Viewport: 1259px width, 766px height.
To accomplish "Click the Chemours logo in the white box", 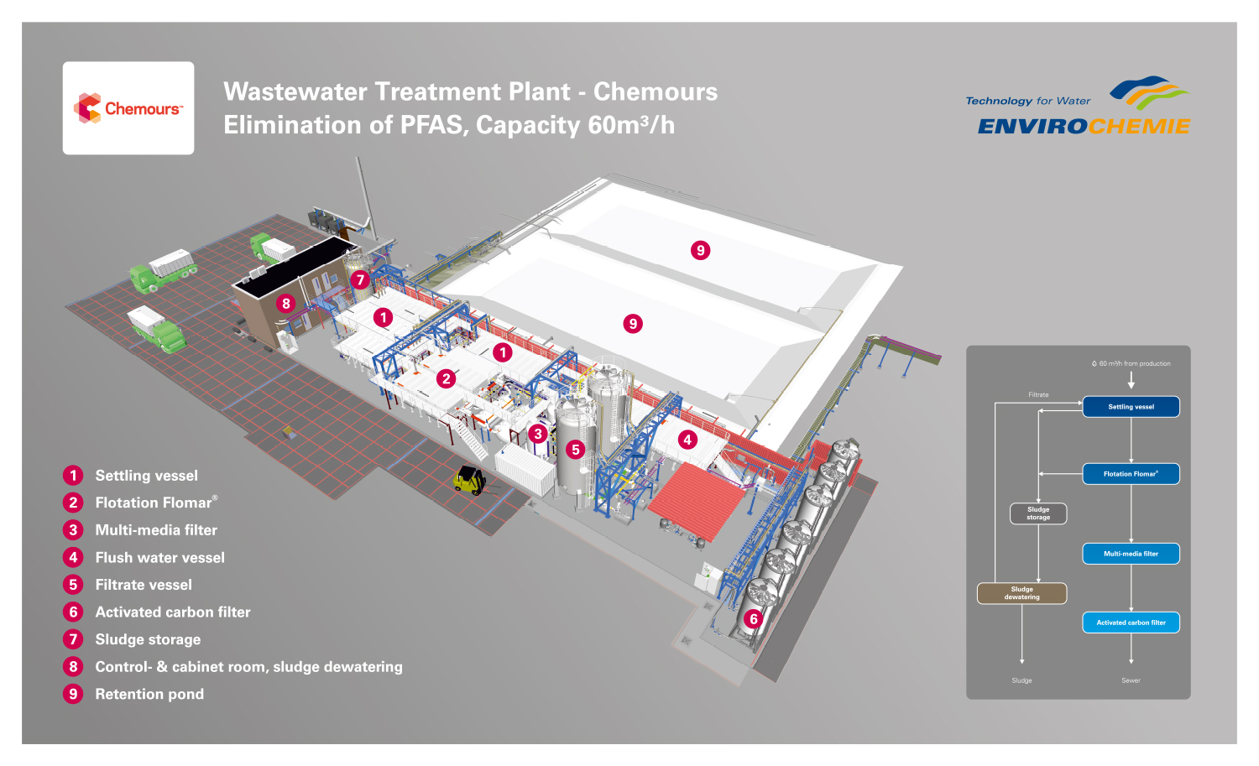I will (x=128, y=108).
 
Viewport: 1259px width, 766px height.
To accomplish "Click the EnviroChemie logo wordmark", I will (x=1084, y=126).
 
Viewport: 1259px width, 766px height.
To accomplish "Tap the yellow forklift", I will (x=469, y=480).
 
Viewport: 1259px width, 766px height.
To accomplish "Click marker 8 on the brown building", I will (x=286, y=304).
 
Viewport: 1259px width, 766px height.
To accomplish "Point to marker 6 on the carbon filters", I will (x=754, y=619).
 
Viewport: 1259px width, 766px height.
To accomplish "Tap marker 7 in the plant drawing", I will (x=361, y=280).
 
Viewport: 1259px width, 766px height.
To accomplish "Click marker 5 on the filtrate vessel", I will (x=576, y=450).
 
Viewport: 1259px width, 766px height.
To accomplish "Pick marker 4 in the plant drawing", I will (x=687, y=440).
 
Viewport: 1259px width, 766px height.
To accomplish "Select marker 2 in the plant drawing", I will (x=447, y=379).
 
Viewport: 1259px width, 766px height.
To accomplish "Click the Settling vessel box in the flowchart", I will (x=1131, y=407).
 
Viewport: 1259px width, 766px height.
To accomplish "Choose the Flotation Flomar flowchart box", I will (x=1131, y=474).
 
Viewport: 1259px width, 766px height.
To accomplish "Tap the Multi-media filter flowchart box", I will (x=1131, y=554).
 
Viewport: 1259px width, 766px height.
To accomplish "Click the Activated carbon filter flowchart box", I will (x=1131, y=623).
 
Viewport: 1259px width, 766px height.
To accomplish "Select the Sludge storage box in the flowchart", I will (x=1038, y=513).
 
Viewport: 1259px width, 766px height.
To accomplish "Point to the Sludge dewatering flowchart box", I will (x=1021, y=593).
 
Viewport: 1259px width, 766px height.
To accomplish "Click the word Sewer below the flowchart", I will (x=1131, y=680).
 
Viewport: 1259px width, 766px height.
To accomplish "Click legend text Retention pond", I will (x=149, y=694).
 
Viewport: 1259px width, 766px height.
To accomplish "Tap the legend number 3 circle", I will (x=73, y=530).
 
